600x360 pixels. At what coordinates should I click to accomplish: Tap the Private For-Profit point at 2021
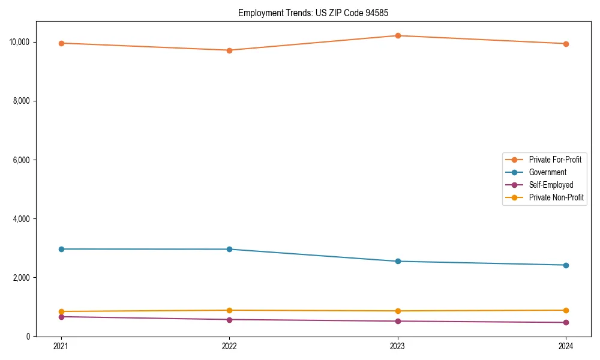pyautogui.click(x=61, y=43)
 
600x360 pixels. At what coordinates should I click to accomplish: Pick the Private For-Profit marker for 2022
pyautogui.click(x=229, y=50)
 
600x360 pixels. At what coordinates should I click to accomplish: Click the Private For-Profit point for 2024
pyautogui.click(x=566, y=44)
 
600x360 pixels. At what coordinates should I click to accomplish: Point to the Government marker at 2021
pyautogui.click(x=61, y=249)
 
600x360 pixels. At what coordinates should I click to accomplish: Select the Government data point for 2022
pyautogui.click(x=229, y=249)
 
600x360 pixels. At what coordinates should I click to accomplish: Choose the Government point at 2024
pyautogui.click(x=566, y=265)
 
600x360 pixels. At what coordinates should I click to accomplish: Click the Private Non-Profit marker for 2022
pyautogui.click(x=229, y=310)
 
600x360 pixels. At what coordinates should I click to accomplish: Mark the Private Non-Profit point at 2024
pyautogui.click(x=566, y=310)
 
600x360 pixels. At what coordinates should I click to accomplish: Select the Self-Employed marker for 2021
pyautogui.click(x=61, y=317)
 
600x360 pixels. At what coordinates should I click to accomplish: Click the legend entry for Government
pyautogui.click(x=547, y=172)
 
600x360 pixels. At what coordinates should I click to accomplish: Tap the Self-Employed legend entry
pyautogui.click(x=551, y=185)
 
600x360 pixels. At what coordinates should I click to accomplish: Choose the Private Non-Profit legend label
pyautogui.click(x=556, y=197)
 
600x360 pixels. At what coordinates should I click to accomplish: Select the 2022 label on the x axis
pyautogui.click(x=229, y=346)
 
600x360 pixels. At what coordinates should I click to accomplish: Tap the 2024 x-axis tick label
pyautogui.click(x=566, y=346)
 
